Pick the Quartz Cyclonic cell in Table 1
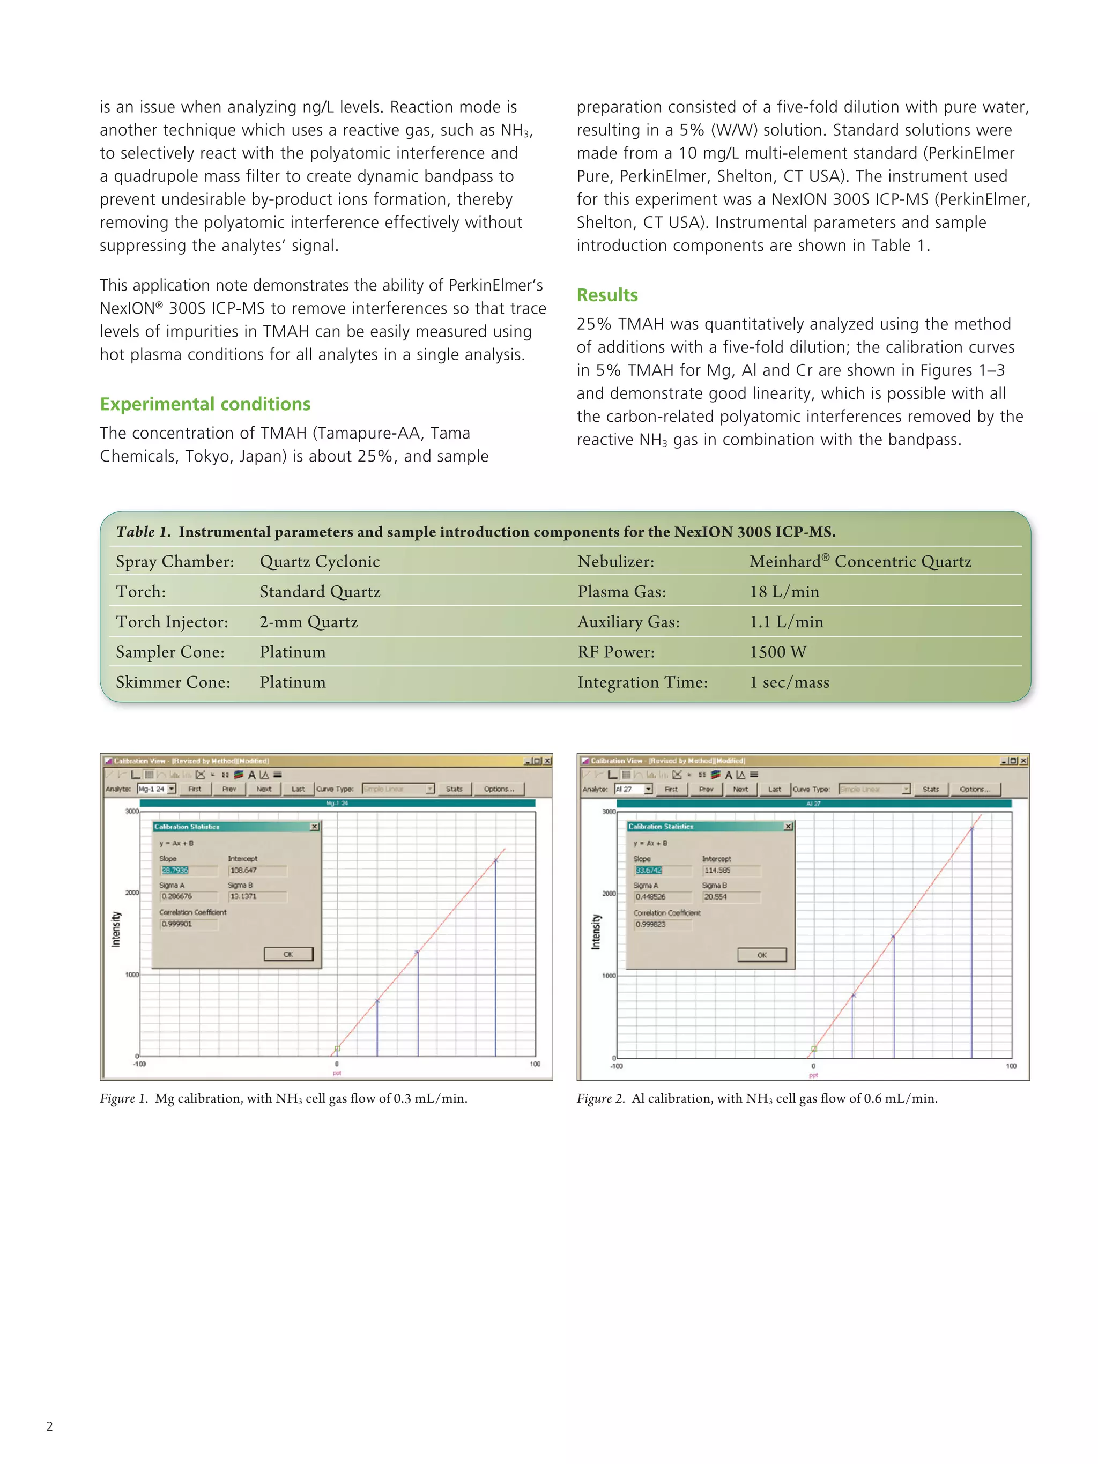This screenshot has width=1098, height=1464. tap(319, 561)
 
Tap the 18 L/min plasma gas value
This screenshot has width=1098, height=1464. tap(784, 591)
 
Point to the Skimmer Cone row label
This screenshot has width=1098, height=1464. tap(173, 682)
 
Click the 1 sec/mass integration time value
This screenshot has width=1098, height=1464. tap(788, 682)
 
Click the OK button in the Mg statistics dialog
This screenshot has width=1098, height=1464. tap(288, 954)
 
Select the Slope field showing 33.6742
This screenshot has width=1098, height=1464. tap(649, 871)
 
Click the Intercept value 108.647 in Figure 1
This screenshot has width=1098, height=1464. tap(243, 871)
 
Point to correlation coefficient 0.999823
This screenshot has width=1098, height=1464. tap(650, 924)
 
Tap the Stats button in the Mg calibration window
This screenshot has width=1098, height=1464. tap(454, 789)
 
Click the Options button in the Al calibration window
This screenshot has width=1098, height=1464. tap(974, 789)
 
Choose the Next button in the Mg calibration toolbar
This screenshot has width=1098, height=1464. tap(263, 789)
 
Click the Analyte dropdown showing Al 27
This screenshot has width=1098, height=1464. tap(633, 789)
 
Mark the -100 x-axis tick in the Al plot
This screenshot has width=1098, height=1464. tap(615, 1066)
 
